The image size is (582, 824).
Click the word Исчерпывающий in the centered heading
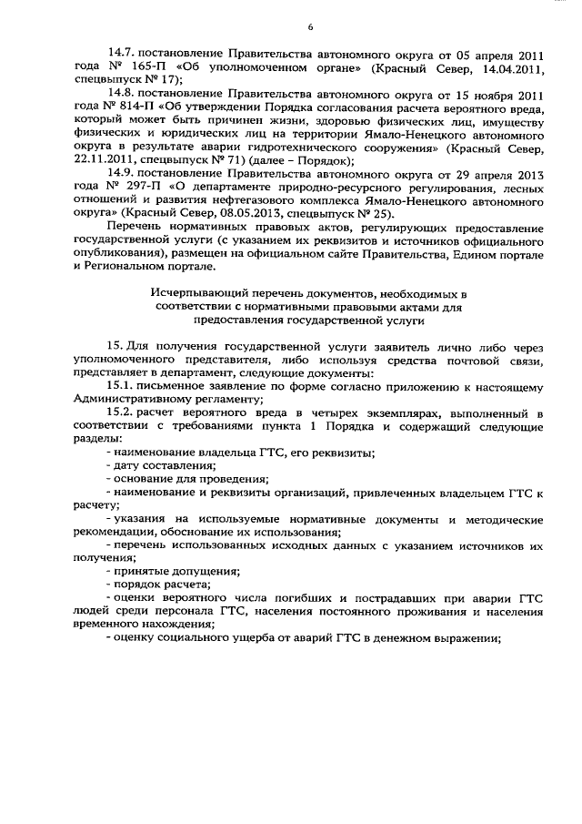pyautogui.click(x=194, y=293)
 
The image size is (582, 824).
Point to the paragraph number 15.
pyautogui.click(x=115, y=347)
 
